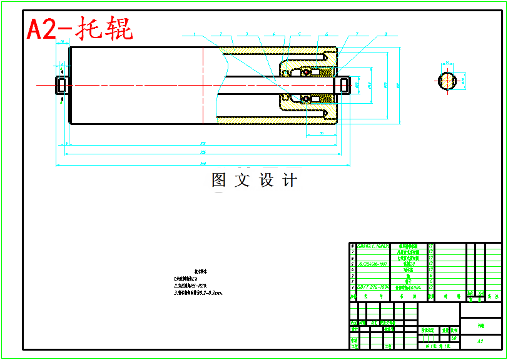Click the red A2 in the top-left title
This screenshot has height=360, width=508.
42,29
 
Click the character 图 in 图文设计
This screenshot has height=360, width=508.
219,181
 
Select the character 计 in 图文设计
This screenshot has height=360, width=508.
290,181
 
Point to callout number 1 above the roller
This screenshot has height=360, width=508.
195,34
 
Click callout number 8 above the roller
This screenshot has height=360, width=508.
386,34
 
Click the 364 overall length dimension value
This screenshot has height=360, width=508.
203,164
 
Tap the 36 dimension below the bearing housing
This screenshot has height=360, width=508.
321,133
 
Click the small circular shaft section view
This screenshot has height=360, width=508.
447,81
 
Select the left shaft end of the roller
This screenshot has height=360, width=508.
62,84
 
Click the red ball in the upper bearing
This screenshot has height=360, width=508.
307,72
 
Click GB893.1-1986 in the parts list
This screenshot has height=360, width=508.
373,247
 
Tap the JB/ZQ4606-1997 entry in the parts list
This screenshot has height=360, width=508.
373,264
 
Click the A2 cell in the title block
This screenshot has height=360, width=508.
480,341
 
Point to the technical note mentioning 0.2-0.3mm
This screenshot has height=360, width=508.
199,292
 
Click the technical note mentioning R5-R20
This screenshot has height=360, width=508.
190,285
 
